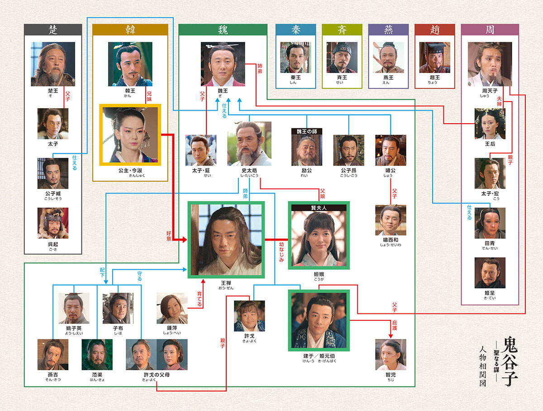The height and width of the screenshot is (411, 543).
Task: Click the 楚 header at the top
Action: click(x=52, y=29)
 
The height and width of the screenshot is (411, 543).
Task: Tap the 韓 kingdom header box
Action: click(x=130, y=29)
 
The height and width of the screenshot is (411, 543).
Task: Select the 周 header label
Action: click(x=490, y=29)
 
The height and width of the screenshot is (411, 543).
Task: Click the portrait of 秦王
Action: click(x=295, y=58)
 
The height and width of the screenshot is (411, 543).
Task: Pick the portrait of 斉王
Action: click(x=342, y=58)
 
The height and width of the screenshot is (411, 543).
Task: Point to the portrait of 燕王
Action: click(x=388, y=58)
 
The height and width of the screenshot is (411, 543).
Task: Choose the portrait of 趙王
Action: click(x=434, y=58)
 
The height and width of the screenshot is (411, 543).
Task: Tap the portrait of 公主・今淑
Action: click(x=130, y=135)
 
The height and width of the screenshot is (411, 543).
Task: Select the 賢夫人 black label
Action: click(x=319, y=208)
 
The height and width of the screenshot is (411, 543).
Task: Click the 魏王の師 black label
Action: click(x=307, y=131)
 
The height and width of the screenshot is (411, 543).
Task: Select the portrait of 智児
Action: click(x=391, y=354)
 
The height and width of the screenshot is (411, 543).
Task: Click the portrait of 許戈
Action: click(x=249, y=315)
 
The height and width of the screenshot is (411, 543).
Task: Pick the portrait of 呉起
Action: click(x=53, y=223)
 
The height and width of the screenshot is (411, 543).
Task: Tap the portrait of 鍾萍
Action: click(x=172, y=308)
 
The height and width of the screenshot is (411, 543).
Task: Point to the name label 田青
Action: click(x=490, y=243)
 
